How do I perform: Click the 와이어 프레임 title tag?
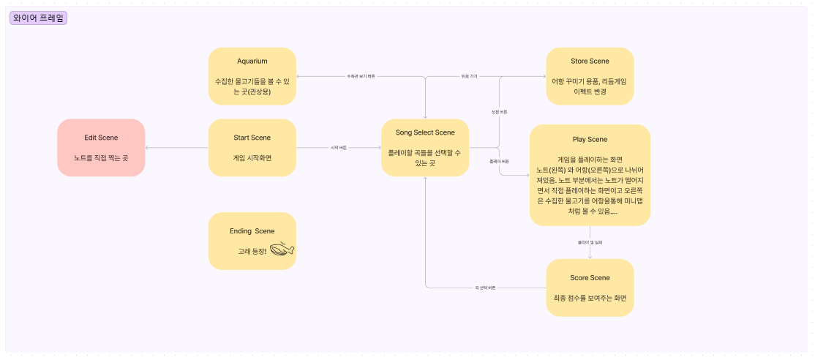click(38, 18)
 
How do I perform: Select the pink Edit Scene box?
click(101, 148)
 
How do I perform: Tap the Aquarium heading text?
click(252, 61)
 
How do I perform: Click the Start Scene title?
click(252, 138)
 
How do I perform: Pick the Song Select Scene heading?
click(425, 132)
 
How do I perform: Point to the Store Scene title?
click(590, 61)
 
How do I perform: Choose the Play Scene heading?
click(590, 139)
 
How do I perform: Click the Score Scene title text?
click(590, 278)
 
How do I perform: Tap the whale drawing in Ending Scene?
click(282, 250)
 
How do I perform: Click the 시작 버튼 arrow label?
click(339, 148)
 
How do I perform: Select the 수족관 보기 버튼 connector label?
click(361, 76)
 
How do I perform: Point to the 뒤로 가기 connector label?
click(469, 76)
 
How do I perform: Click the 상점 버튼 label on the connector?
click(499, 112)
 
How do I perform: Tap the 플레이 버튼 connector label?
click(499, 161)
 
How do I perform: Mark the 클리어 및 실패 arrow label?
click(590, 241)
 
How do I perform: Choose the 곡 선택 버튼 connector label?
click(485, 288)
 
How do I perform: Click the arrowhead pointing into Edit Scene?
click(148, 148)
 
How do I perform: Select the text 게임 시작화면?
click(252, 157)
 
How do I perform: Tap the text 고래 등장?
click(252, 251)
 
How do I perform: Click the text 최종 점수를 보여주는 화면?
click(590, 298)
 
